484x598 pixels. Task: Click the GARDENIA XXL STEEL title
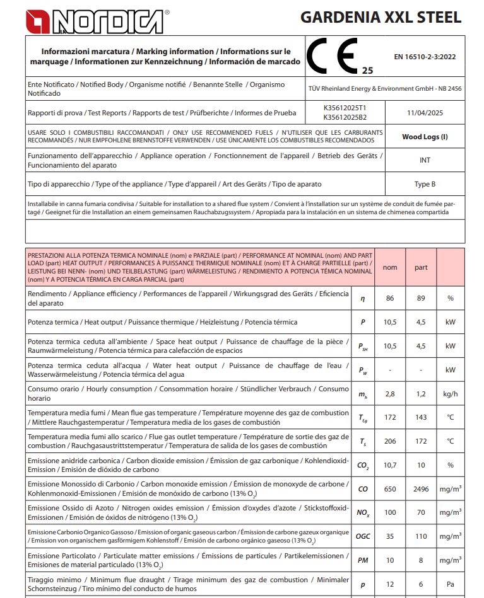pyautogui.click(x=381, y=18)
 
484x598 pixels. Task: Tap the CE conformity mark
pyautogui.click(x=332, y=55)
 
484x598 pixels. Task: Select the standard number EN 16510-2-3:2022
pyautogui.click(x=425, y=57)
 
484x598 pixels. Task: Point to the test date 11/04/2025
pyautogui.click(x=425, y=113)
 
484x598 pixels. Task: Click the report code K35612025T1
pyautogui.click(x=344, y=108)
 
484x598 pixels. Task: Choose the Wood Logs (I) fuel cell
pyautogui.click(x=425, y=137)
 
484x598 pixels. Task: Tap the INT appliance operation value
pyautogui.click(x=425, y=160)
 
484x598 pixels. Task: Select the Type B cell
pyautogui.click(x=425, y=184)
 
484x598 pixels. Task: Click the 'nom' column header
pyautogui.click(x=390, y=267)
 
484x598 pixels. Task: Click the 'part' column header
pyautogui.click(x=421, y=267)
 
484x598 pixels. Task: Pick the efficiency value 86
pyautogui.click(x=390, y=298)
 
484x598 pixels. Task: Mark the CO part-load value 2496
pyautogui.click(x=421, y=488)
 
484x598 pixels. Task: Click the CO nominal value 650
pyautogui.click(x=390, y=488)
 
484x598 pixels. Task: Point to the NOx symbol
pyautogui.click(x=362, y=513)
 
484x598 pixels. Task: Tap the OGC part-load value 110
pyautogui.click(x=421, y=536)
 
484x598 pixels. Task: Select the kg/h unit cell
pyautogui.click(x=450, y=393)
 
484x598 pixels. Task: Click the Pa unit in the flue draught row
pyautogui.click(x=450, y=584)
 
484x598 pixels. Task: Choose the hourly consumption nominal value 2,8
pyautogui.click(x=390, y=393)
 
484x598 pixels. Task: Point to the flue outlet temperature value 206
pyautogui.click(x=390, y=441)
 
